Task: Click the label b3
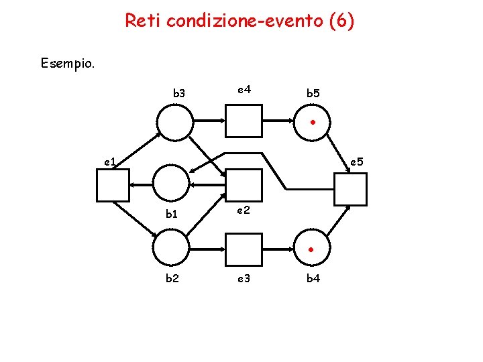[179, 93]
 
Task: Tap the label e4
[244, 88]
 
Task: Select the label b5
[313, 94]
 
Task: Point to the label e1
[111, 161]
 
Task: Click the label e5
[356, 161]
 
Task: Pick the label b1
[172, 215]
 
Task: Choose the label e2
[244, 210]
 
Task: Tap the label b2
[172, 278]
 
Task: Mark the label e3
[244, 278]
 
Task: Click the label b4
[313, 278]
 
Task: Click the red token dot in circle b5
[313, 122]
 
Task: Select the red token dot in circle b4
[311, 250]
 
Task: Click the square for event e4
[244, 121]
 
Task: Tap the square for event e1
[113, 186]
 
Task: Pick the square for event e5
[351, 188]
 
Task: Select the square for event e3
[244, 249]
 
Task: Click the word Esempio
[68, 64]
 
